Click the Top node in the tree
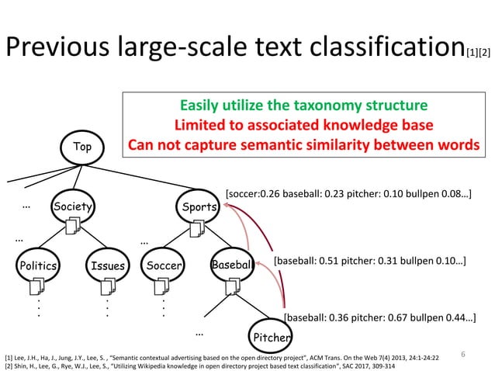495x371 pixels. pos(81,145)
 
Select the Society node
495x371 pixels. pos(72,206)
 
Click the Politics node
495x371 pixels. pos(38,265)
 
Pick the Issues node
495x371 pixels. pos(106,265)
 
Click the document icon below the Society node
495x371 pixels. pos(75,227)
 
